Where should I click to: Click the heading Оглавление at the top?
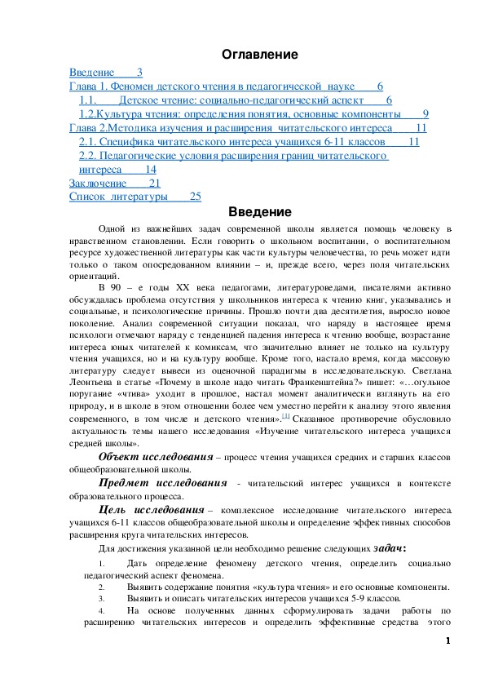click(x=260, y=55)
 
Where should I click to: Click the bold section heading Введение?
click(x=261, y=213)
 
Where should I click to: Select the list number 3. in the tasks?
click(x=101, y=598)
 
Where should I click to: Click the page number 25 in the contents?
click(x=195, y=197)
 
